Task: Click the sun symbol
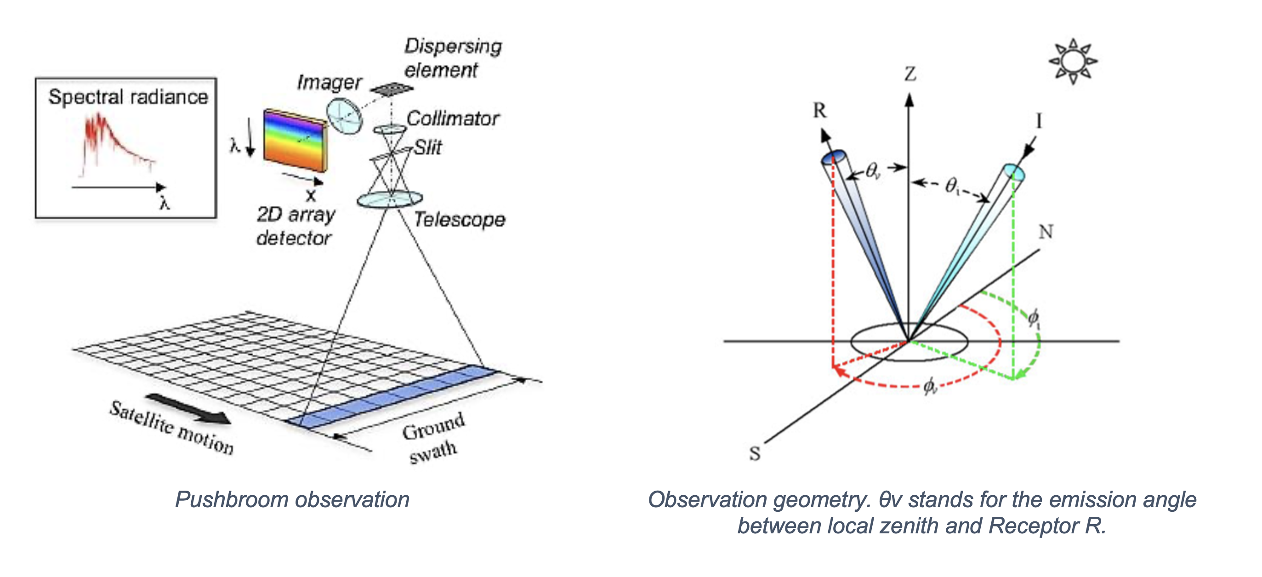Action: (1073, 61)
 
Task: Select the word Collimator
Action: (453, 119)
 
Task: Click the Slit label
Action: (428, 147)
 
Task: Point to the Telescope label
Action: (460, 220)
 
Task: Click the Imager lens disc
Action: (344, 116)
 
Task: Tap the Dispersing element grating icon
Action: (392, 89)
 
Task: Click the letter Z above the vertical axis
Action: (910, 74)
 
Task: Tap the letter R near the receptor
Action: (819, 111)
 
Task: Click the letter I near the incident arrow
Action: (1039, 120)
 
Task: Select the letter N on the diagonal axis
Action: (1046, 231)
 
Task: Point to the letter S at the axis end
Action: (755, 453)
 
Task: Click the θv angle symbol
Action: (873, 171)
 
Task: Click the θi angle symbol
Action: (952, 186)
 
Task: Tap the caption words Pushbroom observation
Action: (292, 500)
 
